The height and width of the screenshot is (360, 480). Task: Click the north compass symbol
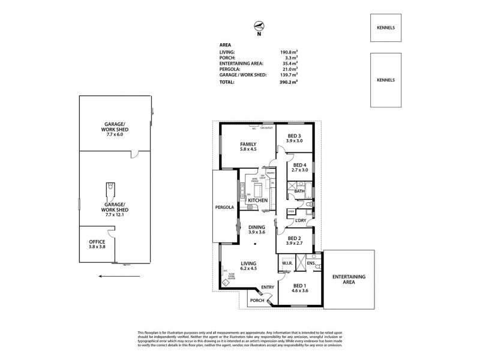pyautogui.click(x=259, y=26)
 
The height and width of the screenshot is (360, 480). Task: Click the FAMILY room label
pyautogui.click(x=248, y=145)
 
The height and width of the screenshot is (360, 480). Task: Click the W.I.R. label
pyautogui.click(x=287, y=263)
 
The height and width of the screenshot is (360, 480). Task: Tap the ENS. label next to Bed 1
pyautogui.click(x=311, y=263)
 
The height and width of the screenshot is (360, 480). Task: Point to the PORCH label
pyautogui.click(x=257, y=300)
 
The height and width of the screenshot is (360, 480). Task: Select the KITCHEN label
pyautogui.click(x=257, y=200)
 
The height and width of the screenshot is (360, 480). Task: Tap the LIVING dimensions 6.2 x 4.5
pyautogui.click(x=248, y=269)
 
